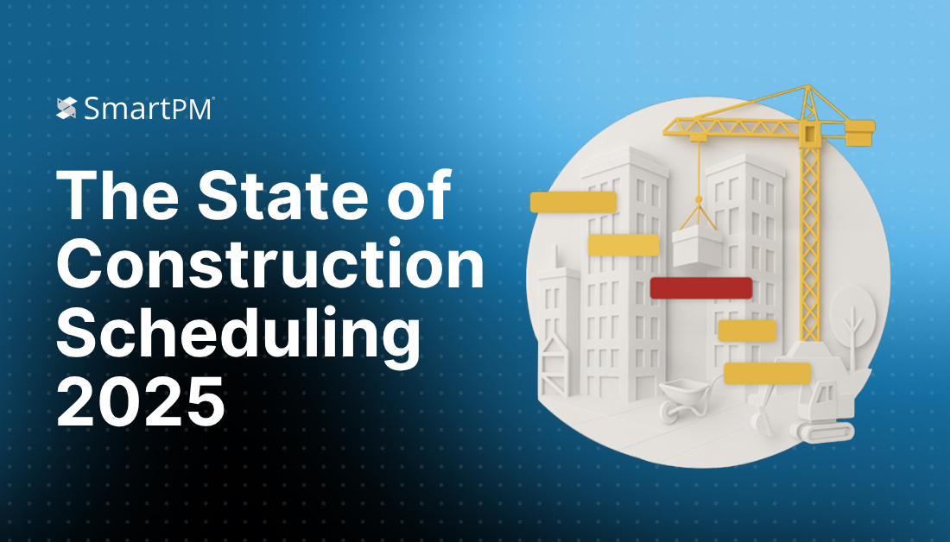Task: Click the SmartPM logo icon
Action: coord(66,108)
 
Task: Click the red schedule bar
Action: coord(700,288)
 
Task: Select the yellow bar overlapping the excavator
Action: coord(767,373)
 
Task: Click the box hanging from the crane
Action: coord(697,248)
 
